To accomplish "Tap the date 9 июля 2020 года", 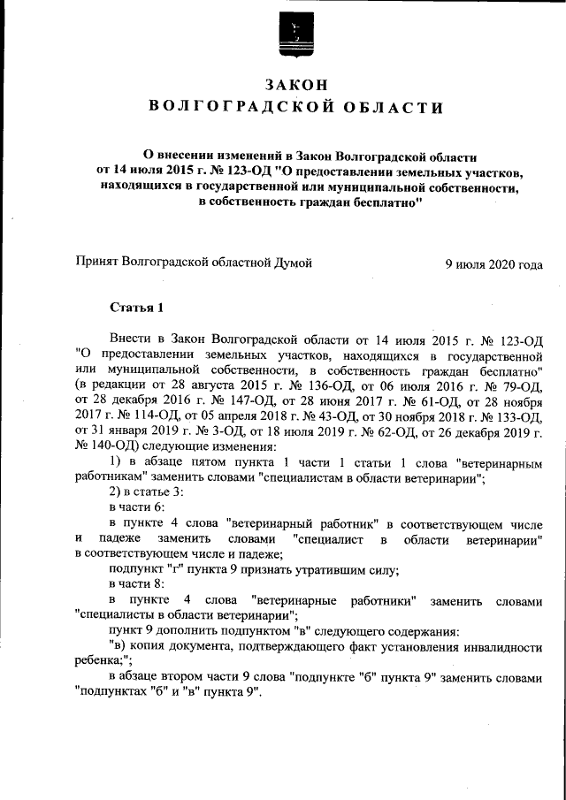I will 493,263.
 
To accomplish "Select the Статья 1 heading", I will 136,308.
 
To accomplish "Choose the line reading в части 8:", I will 136,585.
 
